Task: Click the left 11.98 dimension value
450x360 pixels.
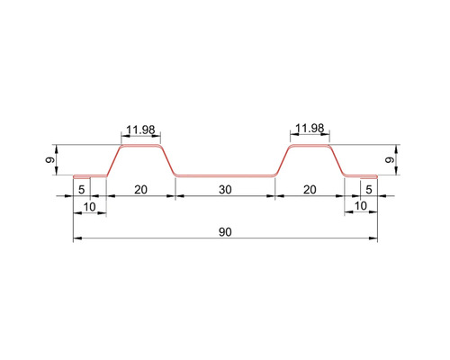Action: pos(139,130)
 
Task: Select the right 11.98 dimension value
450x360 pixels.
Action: pos(309,129)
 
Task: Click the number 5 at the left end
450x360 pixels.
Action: pos(81,189)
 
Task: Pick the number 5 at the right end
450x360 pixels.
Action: pos(368,189)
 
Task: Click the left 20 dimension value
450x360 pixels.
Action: pos(140,189)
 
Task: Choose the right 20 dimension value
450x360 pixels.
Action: pos(309,189)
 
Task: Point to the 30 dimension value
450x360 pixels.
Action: pos(224,189)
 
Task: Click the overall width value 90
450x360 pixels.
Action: pos(224,232)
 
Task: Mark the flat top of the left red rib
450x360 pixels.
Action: pos(139,144)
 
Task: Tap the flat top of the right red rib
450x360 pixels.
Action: pos(309,144)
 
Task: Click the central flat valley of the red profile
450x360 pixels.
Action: pos(224,175)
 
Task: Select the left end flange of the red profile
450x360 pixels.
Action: pos(89,175)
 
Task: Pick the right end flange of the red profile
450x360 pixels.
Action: pos(360,175)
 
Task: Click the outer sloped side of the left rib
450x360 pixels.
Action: pos(114,160)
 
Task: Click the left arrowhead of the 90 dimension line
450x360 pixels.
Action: pos(76,239)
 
